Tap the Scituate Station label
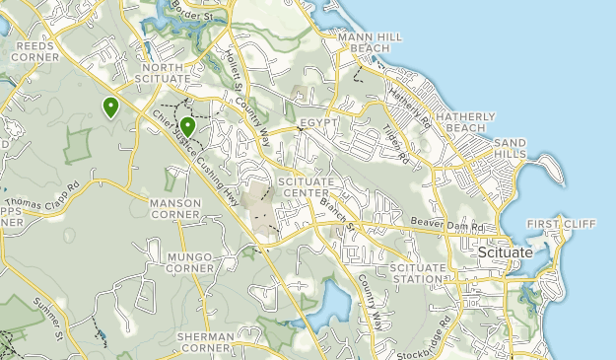click(416, 273)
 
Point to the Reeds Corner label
click(34, 51)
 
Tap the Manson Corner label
click(174, 210)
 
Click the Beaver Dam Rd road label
click(448, 227)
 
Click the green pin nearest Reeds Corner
click(111, 107)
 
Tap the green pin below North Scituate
click(187, 126)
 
